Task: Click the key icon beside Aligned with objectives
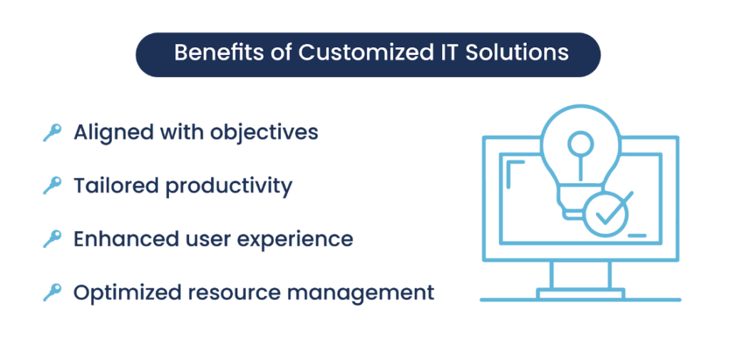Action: coord(51,133)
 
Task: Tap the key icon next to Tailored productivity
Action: coord(51,186)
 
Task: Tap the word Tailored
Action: coord(115,186)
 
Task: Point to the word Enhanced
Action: coord(120,239)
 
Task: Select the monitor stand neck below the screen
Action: coord(580,274)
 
